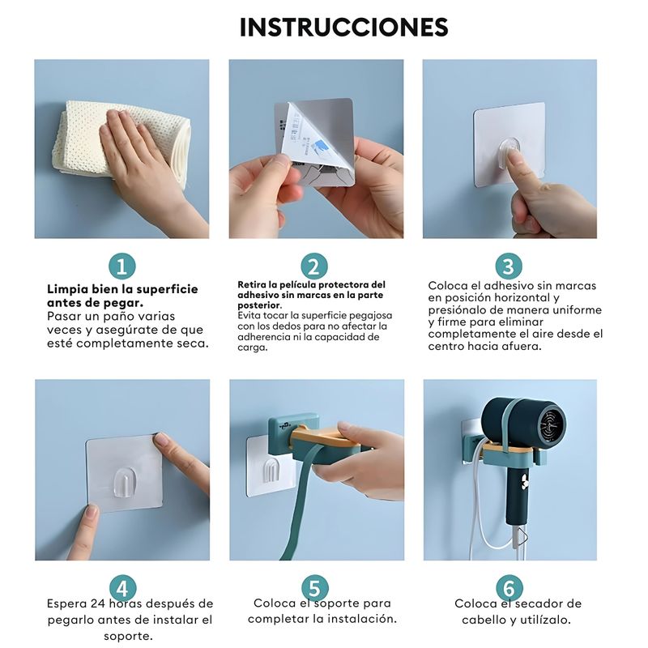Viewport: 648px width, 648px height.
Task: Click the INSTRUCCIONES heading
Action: (343, 28)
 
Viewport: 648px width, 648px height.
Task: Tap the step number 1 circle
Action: (122, 266)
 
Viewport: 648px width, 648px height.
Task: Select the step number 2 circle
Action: (314, 266)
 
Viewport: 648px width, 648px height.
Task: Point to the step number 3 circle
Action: (509, 266)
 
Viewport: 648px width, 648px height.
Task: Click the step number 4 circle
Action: (123, 588)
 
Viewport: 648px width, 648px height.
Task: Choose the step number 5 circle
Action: (315, 588)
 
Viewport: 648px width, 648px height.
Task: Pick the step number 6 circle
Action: (509, 588)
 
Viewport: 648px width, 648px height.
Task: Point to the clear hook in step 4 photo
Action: (123, 482)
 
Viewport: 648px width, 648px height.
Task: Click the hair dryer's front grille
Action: (552, 422)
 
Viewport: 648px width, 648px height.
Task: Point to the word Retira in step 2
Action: (251, 285)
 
